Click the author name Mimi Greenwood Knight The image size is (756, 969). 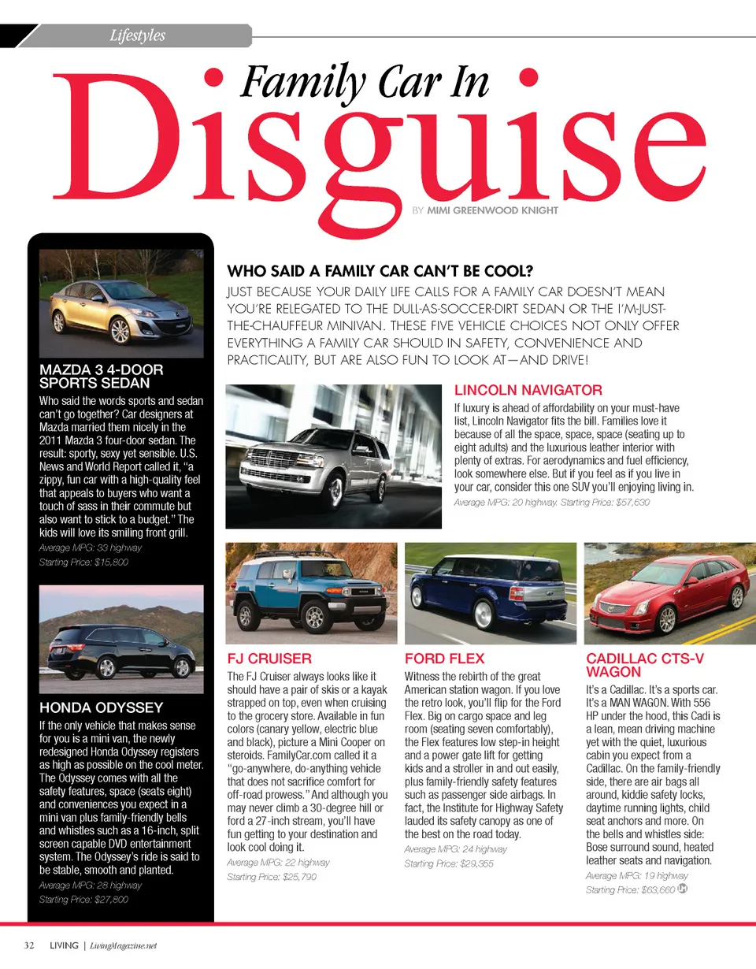(492, 210)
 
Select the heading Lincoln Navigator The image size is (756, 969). (528, 390)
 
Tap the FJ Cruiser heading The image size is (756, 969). (269, 659)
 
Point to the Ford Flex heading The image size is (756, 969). (444, 659)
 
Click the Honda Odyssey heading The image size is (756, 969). (101, 707)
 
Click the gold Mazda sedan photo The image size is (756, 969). (120, 304)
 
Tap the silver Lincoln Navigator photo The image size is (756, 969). (333, 456)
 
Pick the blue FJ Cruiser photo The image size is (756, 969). (310, 593)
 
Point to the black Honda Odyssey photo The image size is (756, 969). (120, 637)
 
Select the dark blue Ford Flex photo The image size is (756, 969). (490, 593)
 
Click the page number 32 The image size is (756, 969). (29, 945)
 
